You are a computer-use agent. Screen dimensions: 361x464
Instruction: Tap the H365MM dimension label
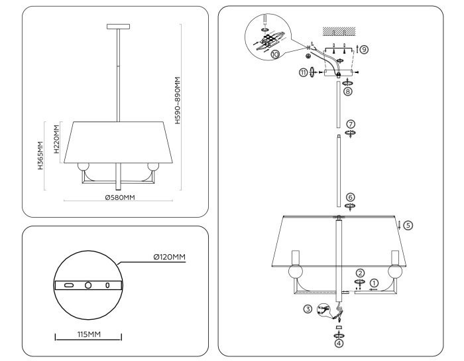[x=41, y=157]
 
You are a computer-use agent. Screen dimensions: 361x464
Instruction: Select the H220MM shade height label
[x=57, y=140]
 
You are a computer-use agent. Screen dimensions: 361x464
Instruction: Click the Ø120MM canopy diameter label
[x=165, y=256]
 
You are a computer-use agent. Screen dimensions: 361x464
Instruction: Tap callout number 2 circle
[x=360, y=273]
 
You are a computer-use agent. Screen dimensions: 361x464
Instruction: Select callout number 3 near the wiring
[x=308, y=309]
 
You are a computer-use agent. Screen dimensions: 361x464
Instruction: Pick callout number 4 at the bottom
[x=339, y=343]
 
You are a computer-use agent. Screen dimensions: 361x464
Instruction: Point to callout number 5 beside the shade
[x=408, y=225]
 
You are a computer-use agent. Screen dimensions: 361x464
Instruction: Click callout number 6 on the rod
[x=351, y=197]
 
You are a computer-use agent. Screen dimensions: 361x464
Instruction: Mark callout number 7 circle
[x=351, y=123]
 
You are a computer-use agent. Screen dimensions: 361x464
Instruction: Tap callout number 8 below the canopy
[x=347, y=92]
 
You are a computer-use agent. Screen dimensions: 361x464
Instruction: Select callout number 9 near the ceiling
[x=364, y=49]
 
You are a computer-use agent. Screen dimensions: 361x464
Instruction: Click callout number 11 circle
[x=304, y=72]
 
